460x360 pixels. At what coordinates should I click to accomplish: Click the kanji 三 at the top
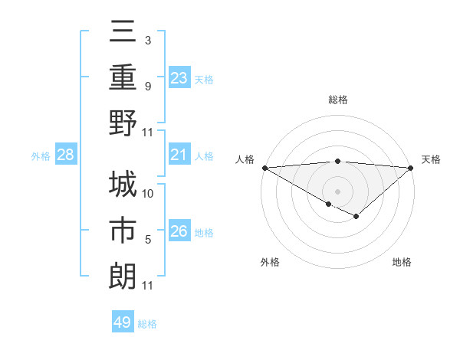click(123, 33)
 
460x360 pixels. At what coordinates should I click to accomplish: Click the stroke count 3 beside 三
click(147, 40)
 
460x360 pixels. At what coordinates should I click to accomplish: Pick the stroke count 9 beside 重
click(147, 86)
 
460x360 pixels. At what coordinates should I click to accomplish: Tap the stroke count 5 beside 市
click(148, 240)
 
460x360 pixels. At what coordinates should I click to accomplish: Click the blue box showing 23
click(179, 77)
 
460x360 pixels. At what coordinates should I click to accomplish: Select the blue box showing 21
click(179, 155)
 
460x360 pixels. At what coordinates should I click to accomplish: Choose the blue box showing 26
click(179, 231)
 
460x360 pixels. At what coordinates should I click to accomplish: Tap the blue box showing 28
click(66, 155)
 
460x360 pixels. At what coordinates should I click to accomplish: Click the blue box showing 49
click(123, 322)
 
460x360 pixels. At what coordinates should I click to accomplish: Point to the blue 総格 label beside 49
click(148, 324)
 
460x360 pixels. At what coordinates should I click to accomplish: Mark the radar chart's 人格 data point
click(264, 168)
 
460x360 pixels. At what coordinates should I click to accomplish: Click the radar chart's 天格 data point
click(412, 168)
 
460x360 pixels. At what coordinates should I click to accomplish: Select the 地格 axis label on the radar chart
click(402, 263)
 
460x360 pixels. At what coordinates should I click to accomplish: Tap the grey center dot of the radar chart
click(337, 191)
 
